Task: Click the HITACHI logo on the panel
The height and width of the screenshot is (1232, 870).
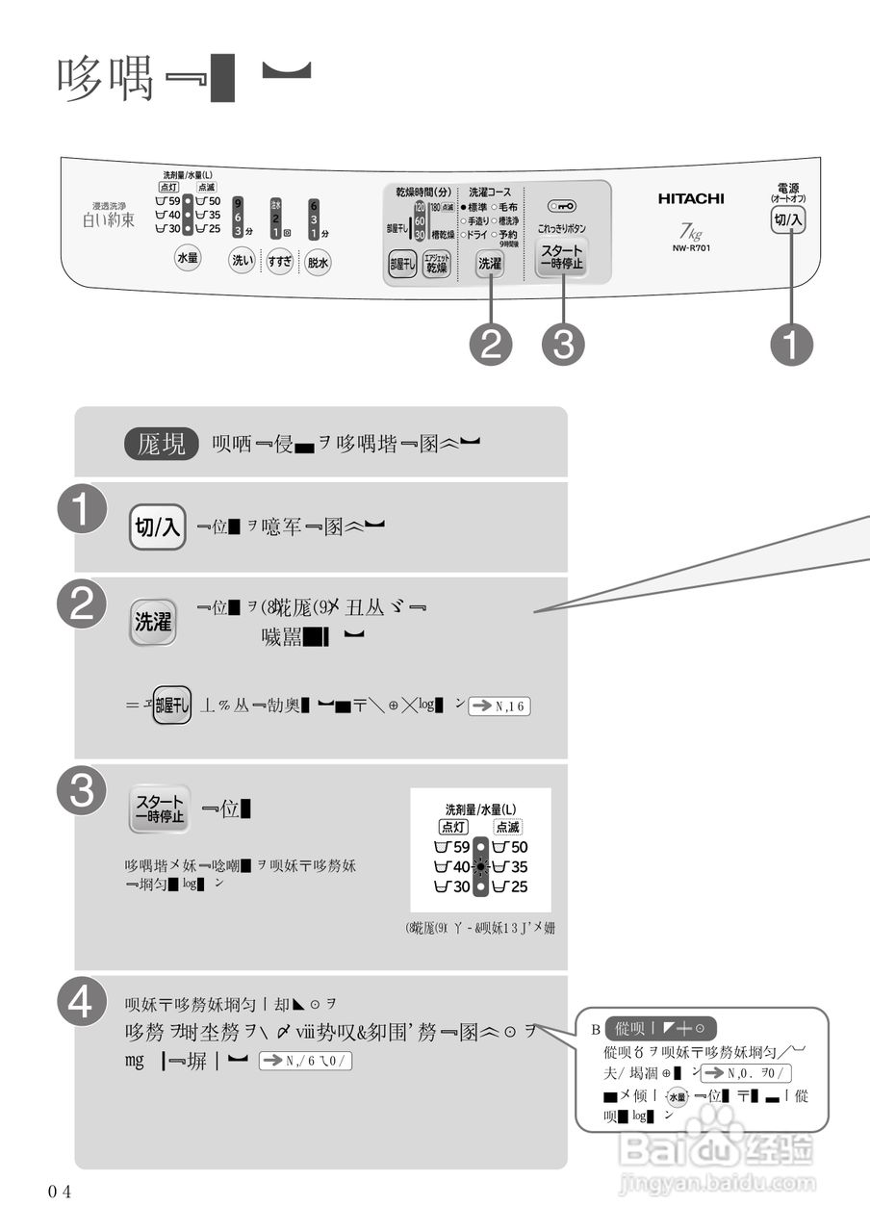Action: pyautogui.click(x=691, y=199)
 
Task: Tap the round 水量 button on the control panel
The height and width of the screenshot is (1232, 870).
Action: pyautogui.click(x=187, y=258)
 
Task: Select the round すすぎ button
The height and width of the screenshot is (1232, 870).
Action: pyautogui.click(x=280, y=261)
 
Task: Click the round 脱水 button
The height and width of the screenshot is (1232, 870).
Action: pyautogui.click(x=318, y=261)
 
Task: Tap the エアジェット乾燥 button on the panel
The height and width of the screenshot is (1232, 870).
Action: pyautogui.click(x=437, y=265)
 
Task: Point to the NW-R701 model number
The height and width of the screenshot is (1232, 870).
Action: pyautogui.click(x=692, y=248)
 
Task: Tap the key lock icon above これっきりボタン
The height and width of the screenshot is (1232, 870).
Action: pyautogui.click(x=562, y=206)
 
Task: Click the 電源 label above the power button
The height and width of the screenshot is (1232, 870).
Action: pyautogui.click(x=787, y=191)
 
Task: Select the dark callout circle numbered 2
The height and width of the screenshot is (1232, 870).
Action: pyautogui.click(x=491, y=345)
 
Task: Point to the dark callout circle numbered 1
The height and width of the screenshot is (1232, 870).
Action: pyautogui.click(x=791, y=345)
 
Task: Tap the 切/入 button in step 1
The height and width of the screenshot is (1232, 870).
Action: pyautogui.click(x=158, y=526)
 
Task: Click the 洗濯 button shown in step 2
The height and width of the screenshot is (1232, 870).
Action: pyautogui.click(x=153, y=621)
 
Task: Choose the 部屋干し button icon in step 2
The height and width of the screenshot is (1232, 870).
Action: pyautogui.click(x=172, y=704)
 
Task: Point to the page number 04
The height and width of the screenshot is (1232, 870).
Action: pyautogui.click(x=60, y=1192)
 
